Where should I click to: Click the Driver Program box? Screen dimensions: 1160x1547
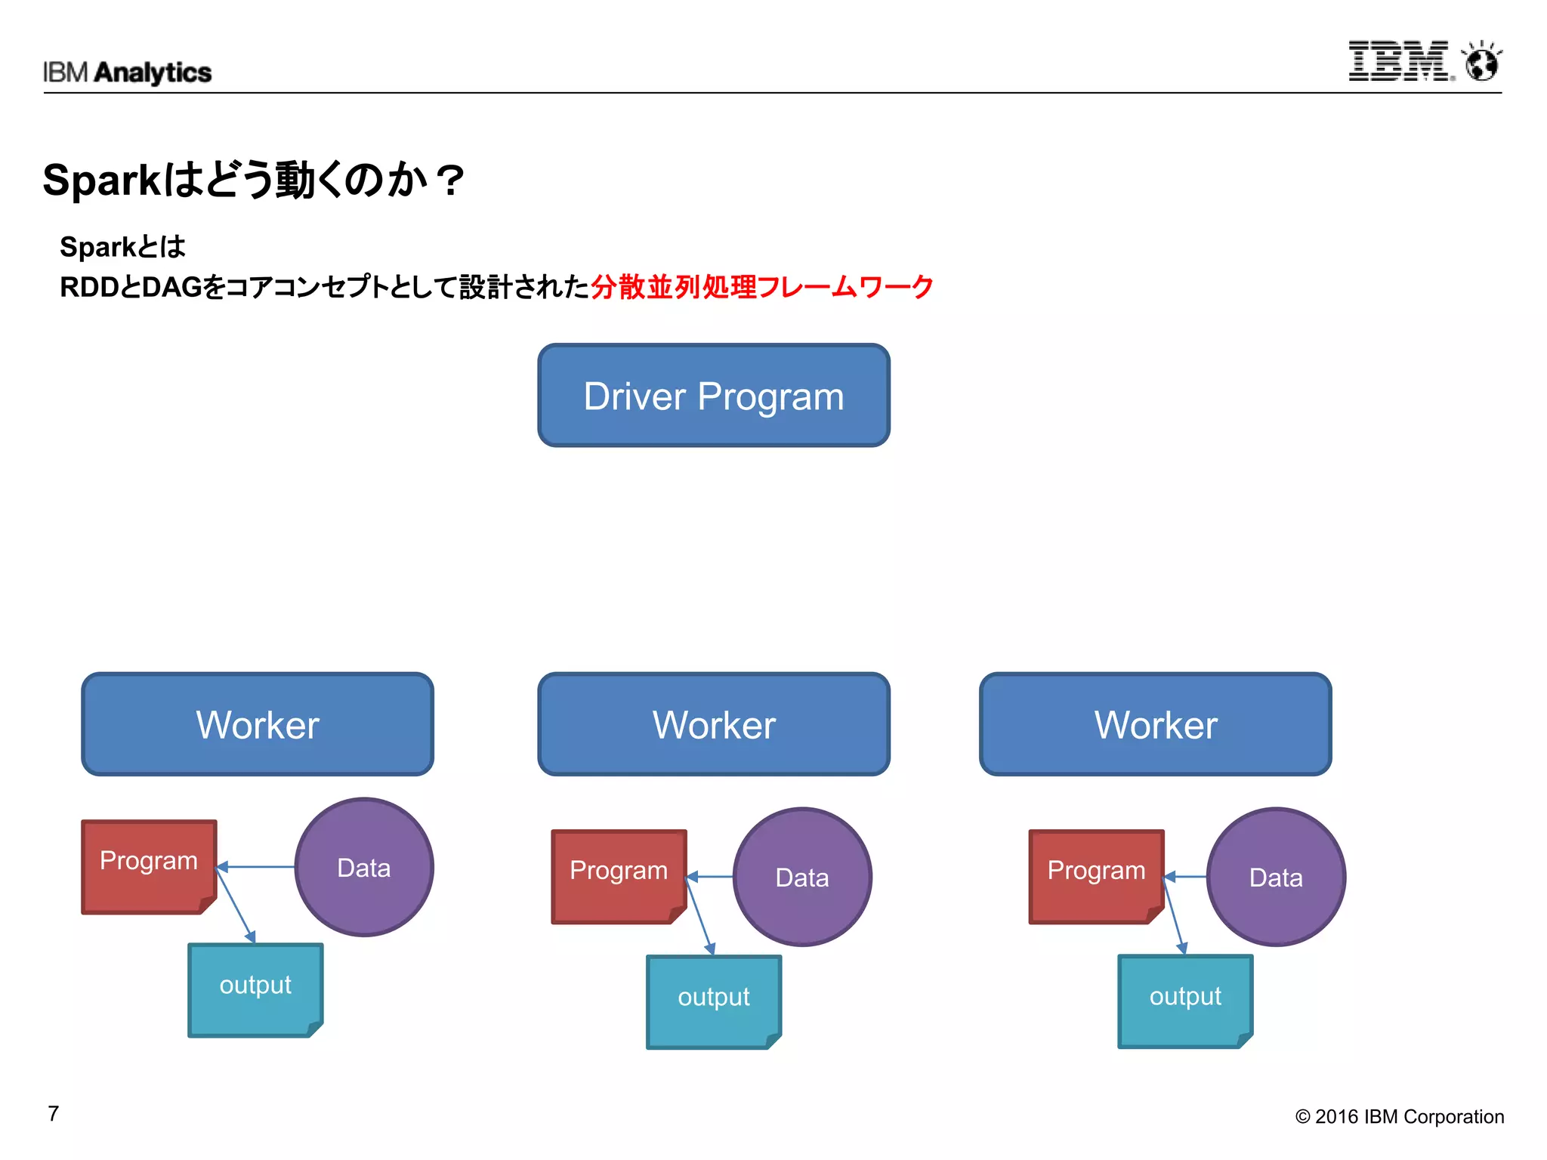(713, 396)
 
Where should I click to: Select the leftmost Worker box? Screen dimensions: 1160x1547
(258, 724)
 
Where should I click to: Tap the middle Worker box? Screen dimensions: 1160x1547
(713, 724)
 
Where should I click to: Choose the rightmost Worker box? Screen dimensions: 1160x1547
(1155, 724)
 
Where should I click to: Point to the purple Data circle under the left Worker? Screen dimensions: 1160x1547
(364, 867)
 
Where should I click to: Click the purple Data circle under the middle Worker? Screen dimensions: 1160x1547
(802, 877)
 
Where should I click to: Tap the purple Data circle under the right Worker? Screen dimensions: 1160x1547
(1276, 877)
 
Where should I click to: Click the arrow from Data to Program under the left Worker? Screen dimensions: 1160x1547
(257, 867)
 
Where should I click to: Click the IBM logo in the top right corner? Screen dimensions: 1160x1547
(1400, 61)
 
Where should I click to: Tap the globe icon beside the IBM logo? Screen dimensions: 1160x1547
(1481, 62)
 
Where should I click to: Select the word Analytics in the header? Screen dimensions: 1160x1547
(153, 72)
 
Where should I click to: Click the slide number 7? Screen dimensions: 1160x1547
(54, 1114)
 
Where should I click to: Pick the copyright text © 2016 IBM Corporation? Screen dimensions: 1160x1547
(1399, 1116)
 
